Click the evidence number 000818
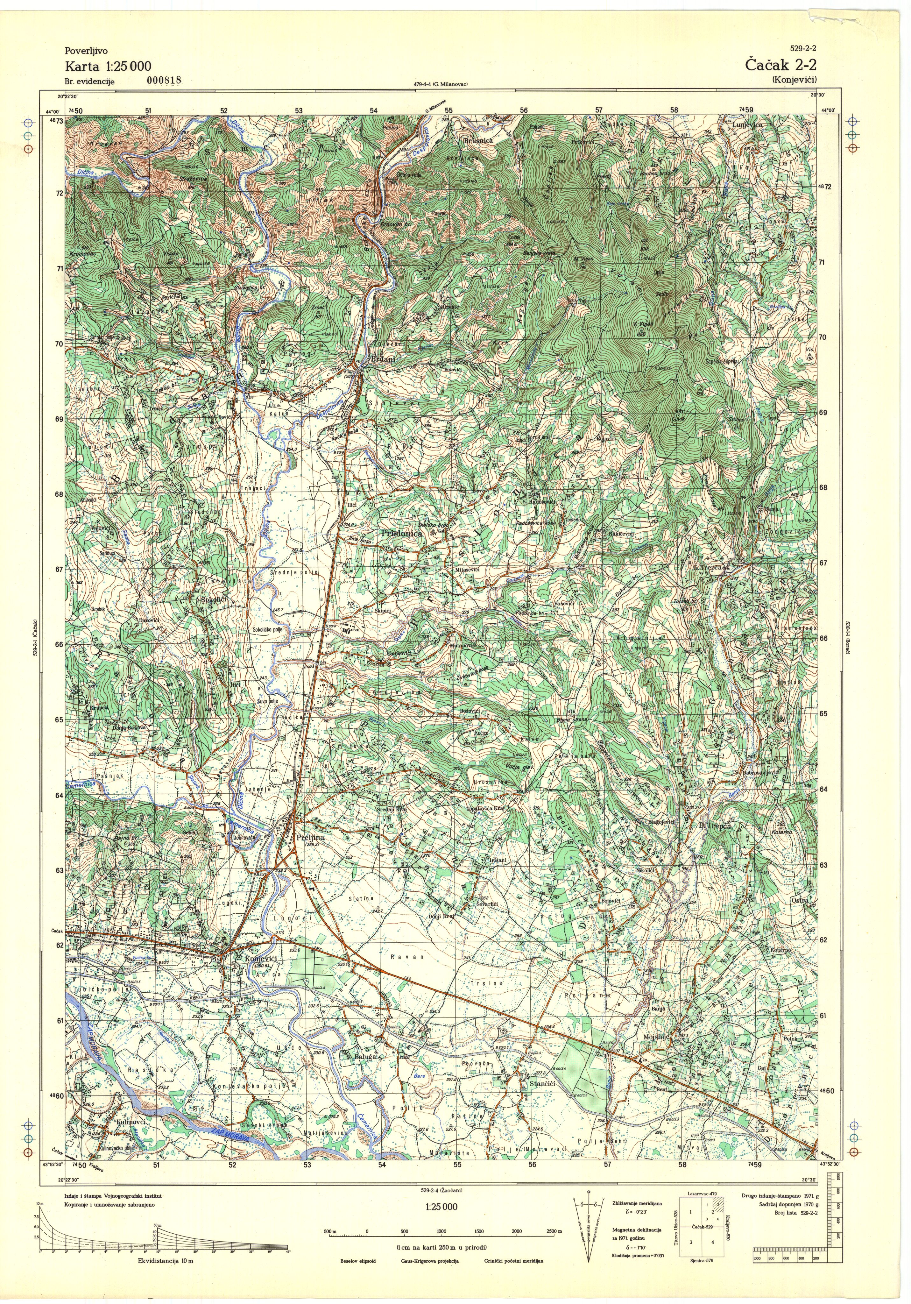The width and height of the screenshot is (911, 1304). click(164, 80)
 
